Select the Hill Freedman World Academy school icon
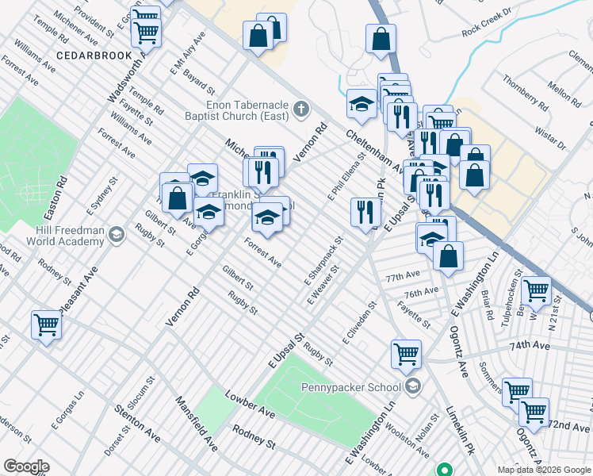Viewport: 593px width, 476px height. [117, 233]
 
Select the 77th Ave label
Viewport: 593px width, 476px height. [403, 277]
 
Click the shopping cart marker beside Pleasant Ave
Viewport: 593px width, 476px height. [46, 324]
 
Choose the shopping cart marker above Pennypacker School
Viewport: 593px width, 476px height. [407, 353]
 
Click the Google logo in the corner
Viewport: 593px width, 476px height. [27, 466]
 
